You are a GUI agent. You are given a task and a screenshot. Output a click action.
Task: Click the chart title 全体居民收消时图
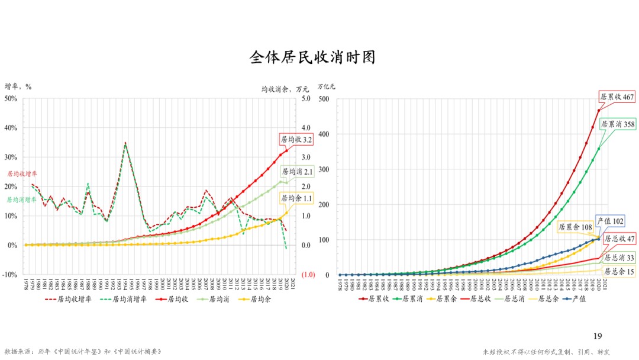pyautogui.click(x=312, y=57)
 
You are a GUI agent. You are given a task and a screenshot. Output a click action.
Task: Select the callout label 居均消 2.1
pyautogui.click(x=297, y=172)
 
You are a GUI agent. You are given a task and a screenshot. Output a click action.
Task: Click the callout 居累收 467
pyautogui.click(x=617, y=97)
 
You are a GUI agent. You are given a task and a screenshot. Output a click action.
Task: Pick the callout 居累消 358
pyautogui.click(x=618, y=124)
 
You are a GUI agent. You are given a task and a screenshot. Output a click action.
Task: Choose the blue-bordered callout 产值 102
pyautogui.click(x=611, y=221)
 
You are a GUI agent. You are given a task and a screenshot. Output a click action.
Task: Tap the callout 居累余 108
pyautogui.click(x=576, y=227)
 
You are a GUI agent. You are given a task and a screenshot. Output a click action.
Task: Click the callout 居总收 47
pyautogui.click(x=619, y=239)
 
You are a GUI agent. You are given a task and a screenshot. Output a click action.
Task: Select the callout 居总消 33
pyautogui.click(x=619, y=258)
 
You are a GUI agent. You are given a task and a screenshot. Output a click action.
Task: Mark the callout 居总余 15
pyautogui.click(x=619, y=272)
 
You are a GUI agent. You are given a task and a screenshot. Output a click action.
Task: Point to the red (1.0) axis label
pyautogui.click(x=308, y=275)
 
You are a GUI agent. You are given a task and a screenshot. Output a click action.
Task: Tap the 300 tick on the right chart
pyautogui.click(x=324, y=170)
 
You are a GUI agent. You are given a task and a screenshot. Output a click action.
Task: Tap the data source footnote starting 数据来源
pyautogui.click(x=83, y=352)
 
